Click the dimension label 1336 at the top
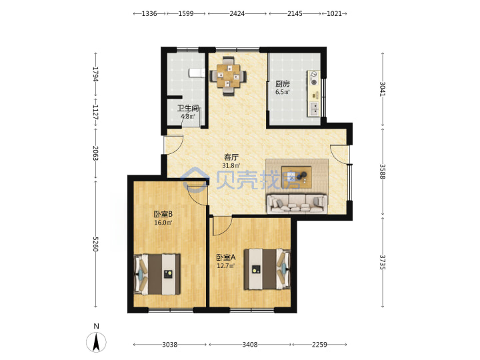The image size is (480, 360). (x=149, y=14)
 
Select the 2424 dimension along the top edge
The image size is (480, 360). (x=237, y=14)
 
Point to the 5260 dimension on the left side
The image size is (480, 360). (x=95, y=244)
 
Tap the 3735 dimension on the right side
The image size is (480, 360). (x=383, y=263)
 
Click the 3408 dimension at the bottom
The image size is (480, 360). (x=250, y=345)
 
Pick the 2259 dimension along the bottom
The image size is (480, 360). (x=319, y=345)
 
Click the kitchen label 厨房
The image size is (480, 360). (x=282, y=84)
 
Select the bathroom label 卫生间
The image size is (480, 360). (x=188, y=109)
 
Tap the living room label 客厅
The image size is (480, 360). (x=231, y=157)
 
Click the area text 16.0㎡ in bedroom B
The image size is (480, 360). (x=163, y=223)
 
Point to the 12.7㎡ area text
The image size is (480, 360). (x=225, y=266)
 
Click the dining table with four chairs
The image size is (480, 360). (x=228, y=76)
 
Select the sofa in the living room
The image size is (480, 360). (x=297, y=203)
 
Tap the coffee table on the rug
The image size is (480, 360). (x=296, y=177)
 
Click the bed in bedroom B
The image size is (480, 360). (x=157, y=274)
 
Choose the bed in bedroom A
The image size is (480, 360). (x=267, y=269)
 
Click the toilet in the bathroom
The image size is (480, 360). (x=197, y=73)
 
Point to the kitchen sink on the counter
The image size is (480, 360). (x=314, y=109)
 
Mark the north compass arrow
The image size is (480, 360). (x=96, y=342)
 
